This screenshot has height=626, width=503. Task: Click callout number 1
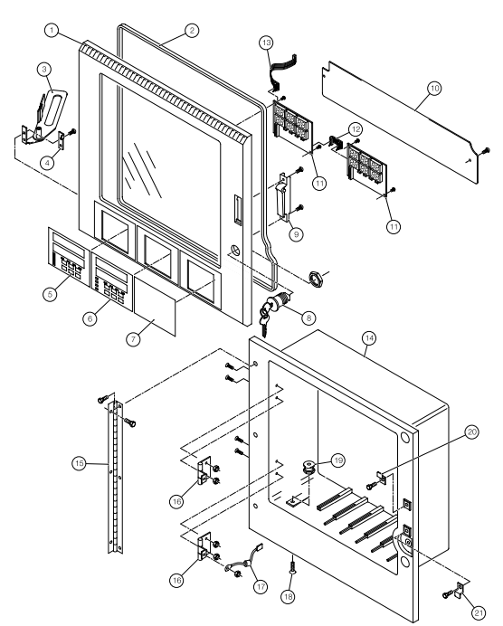tap(52, 30)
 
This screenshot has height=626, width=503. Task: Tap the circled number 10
tap(434, 88)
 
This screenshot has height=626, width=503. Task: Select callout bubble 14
tap(369, 338)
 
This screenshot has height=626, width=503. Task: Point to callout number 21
tap(479, 612)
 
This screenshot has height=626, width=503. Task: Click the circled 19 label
tap(338, 460)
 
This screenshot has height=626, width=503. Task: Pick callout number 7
tap(133, 339)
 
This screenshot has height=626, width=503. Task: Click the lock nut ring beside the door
tap(316, 278)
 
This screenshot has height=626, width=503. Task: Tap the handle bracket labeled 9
tap(283, 196)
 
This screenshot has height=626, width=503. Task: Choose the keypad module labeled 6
tap(113, 281)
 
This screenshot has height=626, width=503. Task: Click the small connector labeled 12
tap(335, 143)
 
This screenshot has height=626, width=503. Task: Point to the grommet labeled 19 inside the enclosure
tap(308, 467)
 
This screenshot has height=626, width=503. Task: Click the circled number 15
tap(79, 463)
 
